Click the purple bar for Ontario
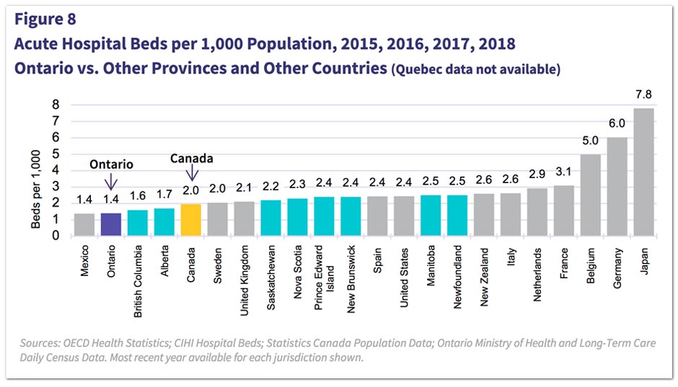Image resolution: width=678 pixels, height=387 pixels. pos(111,224)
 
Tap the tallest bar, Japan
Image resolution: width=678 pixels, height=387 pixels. pos(643,172)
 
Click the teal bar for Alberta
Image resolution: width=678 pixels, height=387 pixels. pos(164,222)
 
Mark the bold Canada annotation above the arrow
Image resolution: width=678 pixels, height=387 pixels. pos(191,158)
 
